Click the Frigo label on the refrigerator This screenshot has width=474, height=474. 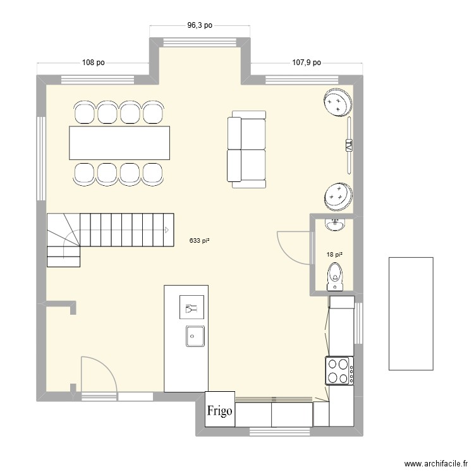click(220, 410)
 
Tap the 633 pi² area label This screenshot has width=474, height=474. click(199, 240)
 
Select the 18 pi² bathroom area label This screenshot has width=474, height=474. click(334, 255)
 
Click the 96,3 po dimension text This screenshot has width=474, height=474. click(199, 26)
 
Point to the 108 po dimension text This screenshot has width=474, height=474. click(93, 63)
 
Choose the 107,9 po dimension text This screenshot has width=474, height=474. click(306, 63)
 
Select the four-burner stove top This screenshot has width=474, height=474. click(339, 371)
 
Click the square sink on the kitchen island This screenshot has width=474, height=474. click(195, 335)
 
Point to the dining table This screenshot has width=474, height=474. click(119, 143)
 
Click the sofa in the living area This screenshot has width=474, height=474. click(246, 149)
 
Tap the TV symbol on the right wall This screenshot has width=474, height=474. click(348, 147)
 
